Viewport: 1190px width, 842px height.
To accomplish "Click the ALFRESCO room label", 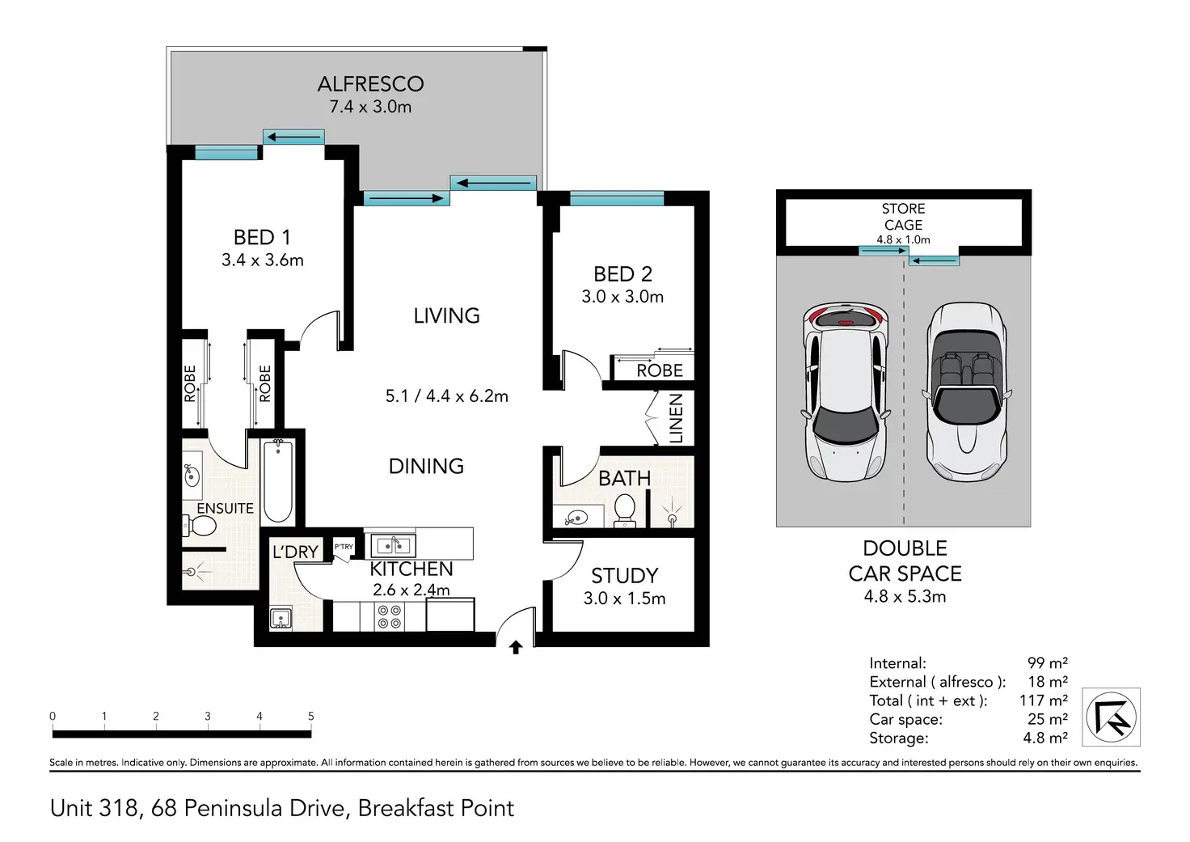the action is pyautogui.click(x=371, y=84).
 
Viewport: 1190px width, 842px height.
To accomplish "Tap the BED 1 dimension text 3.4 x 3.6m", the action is pyautogui.click(x=263, y=260).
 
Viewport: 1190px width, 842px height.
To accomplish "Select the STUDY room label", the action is pyautogui.click(x=625, y=576).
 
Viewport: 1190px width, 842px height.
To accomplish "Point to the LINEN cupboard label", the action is pyautogui.click(x=675, y=419).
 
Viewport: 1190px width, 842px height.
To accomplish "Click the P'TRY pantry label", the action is pyautogui.click(x=344, y=547).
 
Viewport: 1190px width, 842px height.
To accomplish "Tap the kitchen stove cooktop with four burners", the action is pyautogui.click(x=390, y=616).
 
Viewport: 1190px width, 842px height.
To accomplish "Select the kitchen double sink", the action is pyautogui.click(x=393, y=545).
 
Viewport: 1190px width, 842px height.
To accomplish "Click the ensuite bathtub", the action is pyautogui.click(x=278, y=481).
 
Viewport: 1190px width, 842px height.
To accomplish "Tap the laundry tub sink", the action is pyautogui.click(x=281, y=618).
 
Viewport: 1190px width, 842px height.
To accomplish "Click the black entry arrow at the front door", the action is pyautogui.click(x=515, y=647).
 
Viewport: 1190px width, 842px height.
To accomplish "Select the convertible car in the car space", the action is pyautogui.click(x=966, y=392).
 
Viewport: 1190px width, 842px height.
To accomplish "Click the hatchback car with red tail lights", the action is pyautogui.click(x=846, y=392).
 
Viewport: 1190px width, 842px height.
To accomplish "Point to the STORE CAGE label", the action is pyautogui.click(x=903, y=217).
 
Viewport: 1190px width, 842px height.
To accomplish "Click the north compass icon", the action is pyautogui.click(x=1112, y=717).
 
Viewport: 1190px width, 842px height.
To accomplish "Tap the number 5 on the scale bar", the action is pyautogui.click(x=310, y=716).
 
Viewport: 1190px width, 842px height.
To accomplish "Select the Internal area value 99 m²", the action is pyautogui.click(x=1047, y=663).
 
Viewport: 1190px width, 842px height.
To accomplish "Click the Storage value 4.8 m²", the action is pyautogui.click(x=1045, y=738).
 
